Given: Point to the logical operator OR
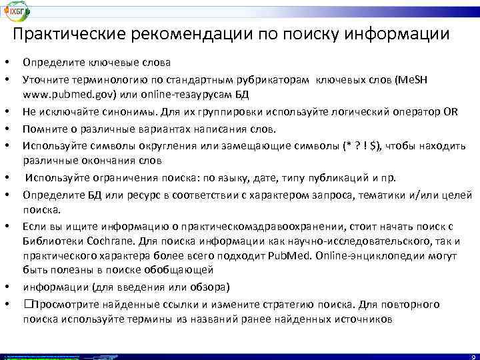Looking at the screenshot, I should [x=450, y=110].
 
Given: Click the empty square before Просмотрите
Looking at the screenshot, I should [x=27, y=304].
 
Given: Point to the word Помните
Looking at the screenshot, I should [x=43, y=127].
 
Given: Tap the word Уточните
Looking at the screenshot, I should [x=44, y=79].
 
